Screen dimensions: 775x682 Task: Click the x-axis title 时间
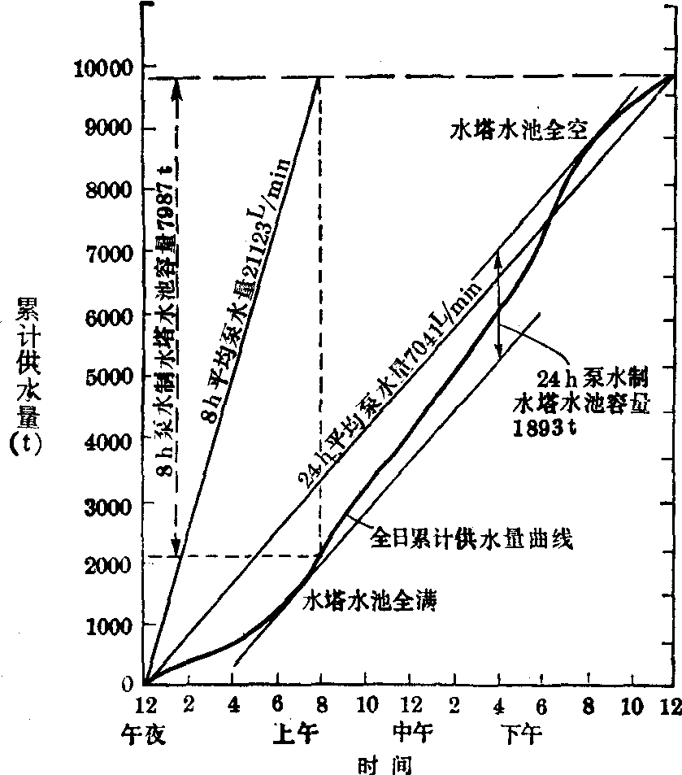pyautogui.click(x=385, y=764)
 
